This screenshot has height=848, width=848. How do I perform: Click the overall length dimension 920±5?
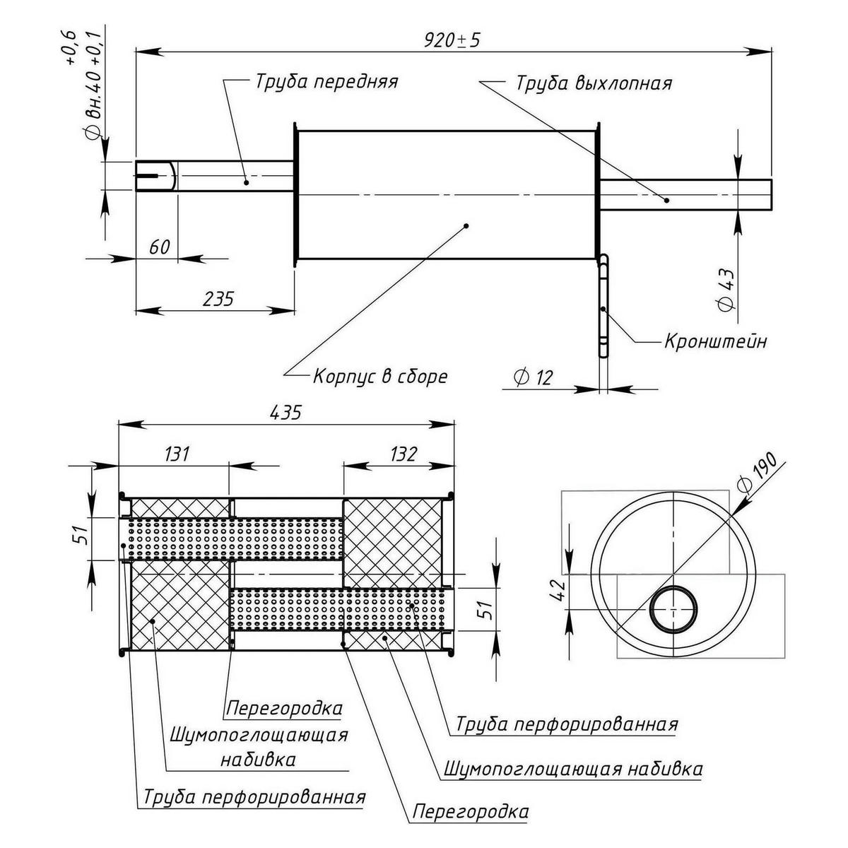pyautogui.click(x=452, y=40)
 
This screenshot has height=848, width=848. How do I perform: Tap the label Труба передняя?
pyautogui.click(x=326, y=81)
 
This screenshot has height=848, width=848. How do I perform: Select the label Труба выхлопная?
pyautogui.click(x=593, y=83)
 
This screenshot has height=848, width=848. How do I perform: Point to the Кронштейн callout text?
pyautogui.click(x=715, y=341)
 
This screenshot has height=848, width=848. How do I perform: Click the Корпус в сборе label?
pyautogui.click(x=380, y=375)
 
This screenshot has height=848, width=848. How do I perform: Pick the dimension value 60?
pyautogui.click(x=160, y=247)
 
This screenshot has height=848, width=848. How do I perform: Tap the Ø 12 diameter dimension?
pyautogui.click(x=534, y=377)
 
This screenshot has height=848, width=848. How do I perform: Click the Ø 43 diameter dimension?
pyautogui.click(x=727, y=290)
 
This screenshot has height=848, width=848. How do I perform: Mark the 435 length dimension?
pyautogui.click(x=285, y=412)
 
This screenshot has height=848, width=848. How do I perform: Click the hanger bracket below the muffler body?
pyautogui.click(x=604, y=307)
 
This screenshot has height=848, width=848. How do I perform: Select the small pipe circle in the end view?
pyautogui.click(x=672, y=608)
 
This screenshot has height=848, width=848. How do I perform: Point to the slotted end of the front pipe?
pyautogui.click(x=155, y=175)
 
